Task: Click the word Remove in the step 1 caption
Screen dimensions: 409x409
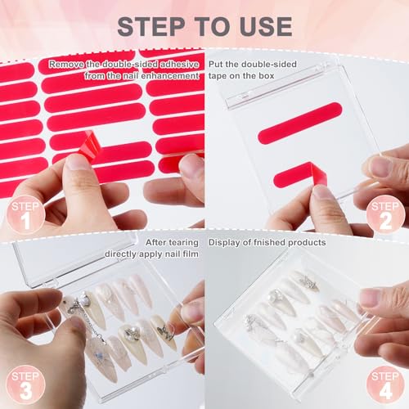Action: point(64,63)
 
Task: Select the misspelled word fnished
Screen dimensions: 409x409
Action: point(270,243)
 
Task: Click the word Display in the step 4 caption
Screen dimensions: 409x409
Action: point(224,243)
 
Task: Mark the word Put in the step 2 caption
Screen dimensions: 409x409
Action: point(217,63)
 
